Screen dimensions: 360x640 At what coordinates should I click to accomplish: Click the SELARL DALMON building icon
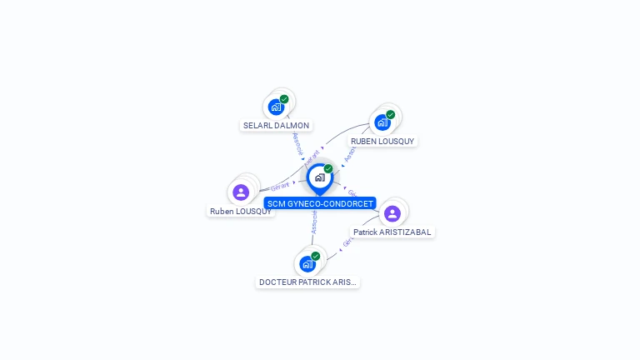tap(276, 107)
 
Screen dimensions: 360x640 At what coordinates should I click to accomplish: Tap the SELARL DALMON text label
tap(276, 126)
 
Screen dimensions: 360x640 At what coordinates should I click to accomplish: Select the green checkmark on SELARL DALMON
tap(284, 99)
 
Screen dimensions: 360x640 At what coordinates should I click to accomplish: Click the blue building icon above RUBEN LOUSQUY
tap(382, 122)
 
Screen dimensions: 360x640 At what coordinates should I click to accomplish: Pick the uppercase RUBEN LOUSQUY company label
tap(382, 142)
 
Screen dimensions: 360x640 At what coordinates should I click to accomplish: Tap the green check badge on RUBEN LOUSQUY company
tap(390, 115)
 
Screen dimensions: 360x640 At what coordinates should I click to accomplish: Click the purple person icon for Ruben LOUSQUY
tap(241, 192)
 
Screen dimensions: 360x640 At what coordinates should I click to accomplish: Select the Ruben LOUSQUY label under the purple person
tap(241, 212)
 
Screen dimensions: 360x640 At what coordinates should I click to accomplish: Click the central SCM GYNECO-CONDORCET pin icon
tap(319, 177)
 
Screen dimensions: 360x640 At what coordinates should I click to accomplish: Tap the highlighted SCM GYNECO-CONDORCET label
tap(320, 203)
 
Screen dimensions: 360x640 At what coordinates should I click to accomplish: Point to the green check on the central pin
tap(328, 169)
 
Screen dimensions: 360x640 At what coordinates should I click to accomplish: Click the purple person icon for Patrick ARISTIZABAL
tap(392, 213)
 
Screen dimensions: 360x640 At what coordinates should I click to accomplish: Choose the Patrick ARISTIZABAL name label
tap(392, 232)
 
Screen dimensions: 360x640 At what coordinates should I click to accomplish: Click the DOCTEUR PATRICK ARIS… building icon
tap(307, 263)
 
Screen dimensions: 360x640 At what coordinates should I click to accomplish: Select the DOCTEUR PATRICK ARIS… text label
tap(307, 282)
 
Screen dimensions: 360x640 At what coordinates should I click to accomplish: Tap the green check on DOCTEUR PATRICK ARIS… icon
tap(315, 256)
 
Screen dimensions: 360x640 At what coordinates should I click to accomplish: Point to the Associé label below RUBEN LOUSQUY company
tap(350, 154)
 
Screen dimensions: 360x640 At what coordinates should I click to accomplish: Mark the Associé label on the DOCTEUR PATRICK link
tap(314, 221)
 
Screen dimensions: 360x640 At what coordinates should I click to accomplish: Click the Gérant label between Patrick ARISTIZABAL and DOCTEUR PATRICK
tap(347, 241)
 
